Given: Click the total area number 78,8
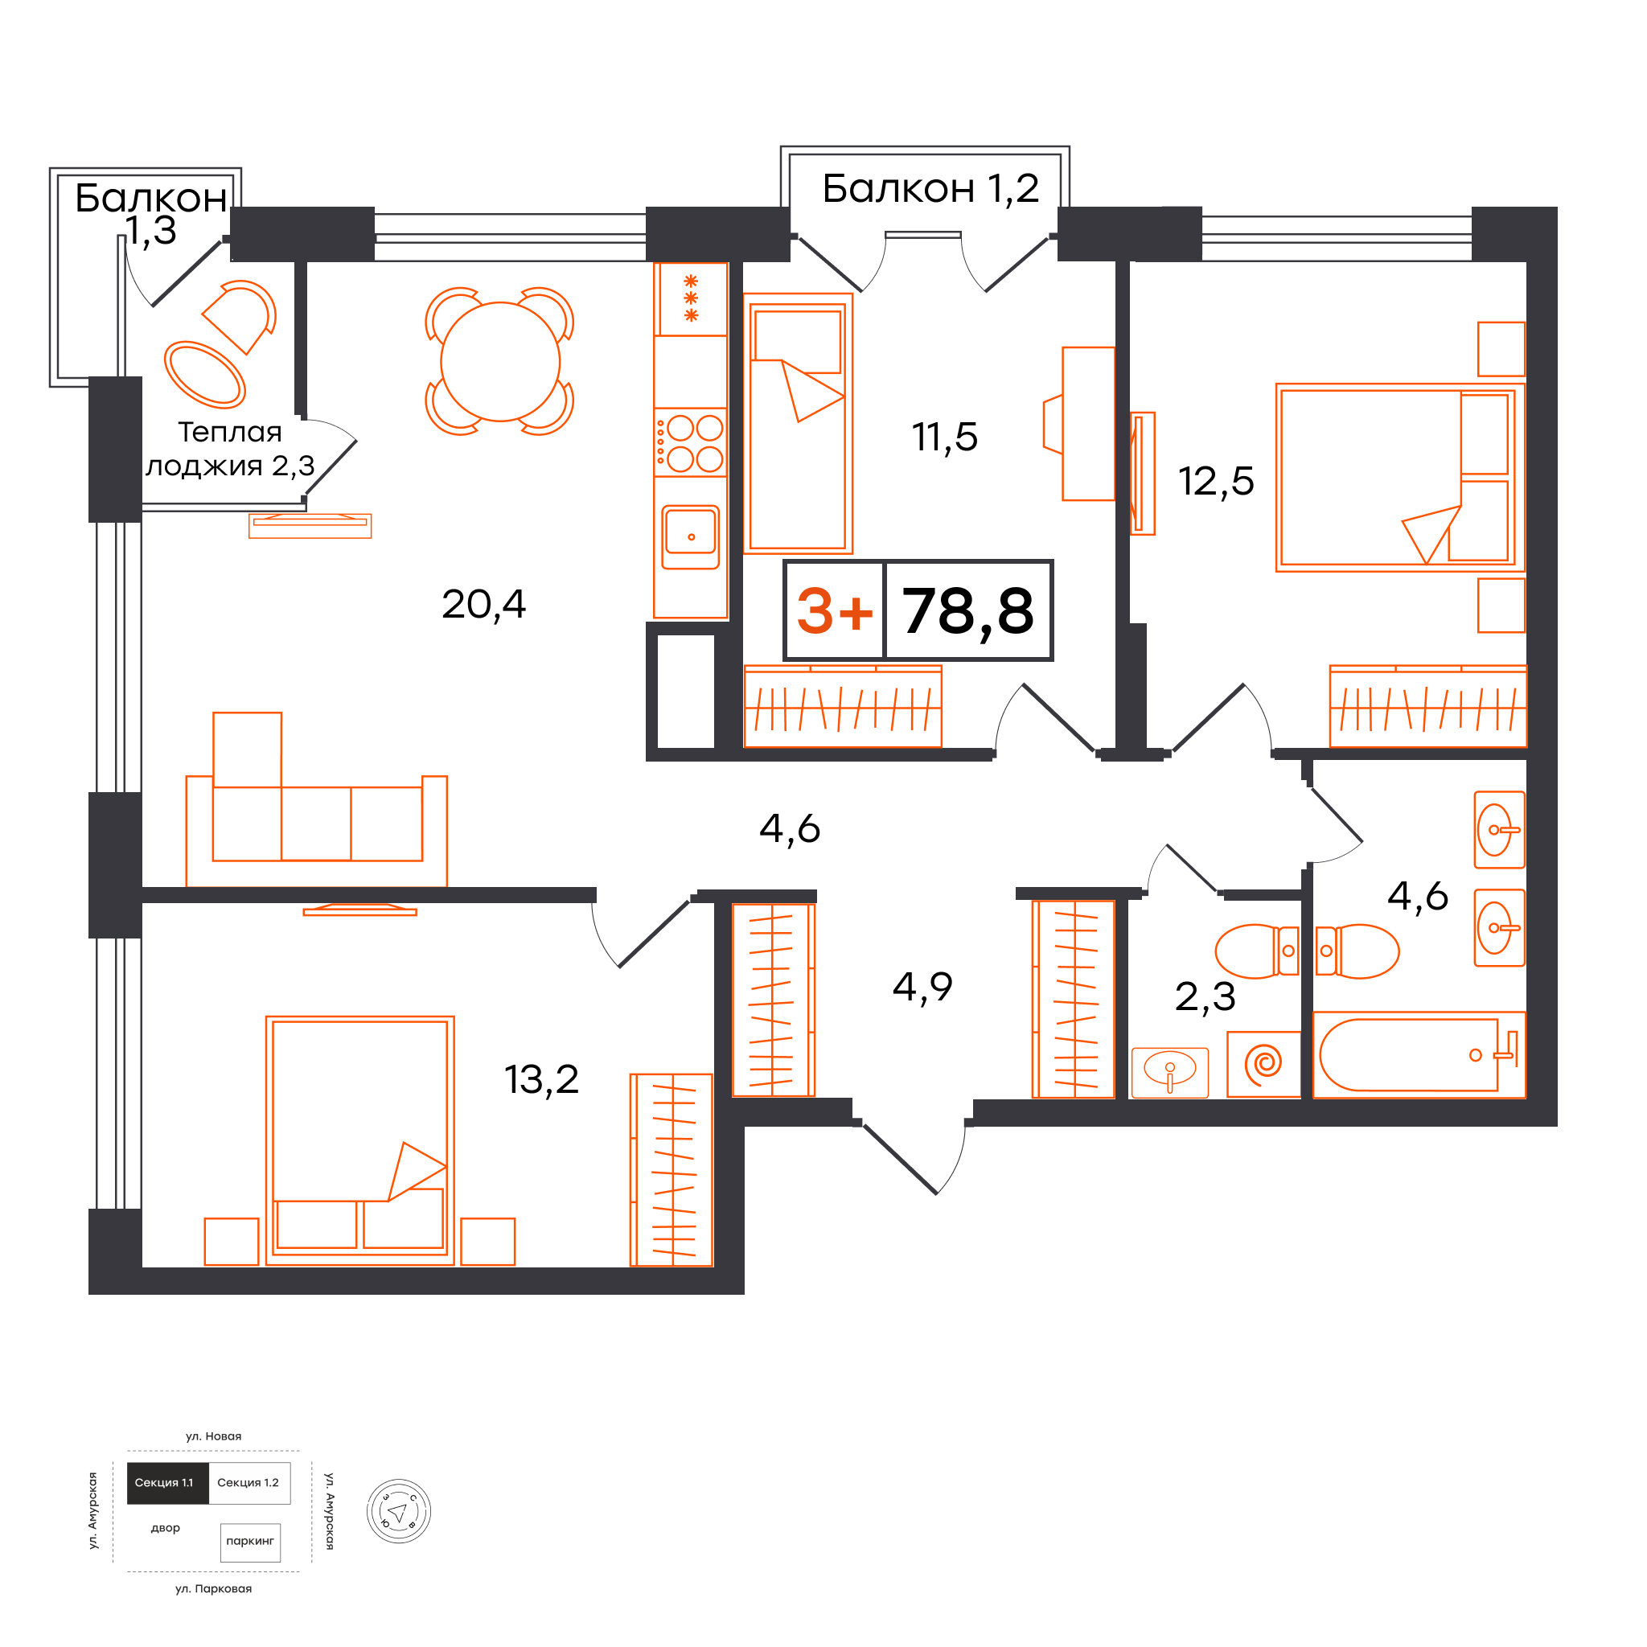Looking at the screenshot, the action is point(967,612).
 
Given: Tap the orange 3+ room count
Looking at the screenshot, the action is point(835,611).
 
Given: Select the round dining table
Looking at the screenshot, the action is point(500,363).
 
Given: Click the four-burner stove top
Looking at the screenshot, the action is point(691,442).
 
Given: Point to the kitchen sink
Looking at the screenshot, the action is point(691,538).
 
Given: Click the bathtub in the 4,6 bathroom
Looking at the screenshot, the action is point(1419,1055).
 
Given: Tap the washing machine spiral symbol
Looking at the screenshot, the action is point(1263,1063).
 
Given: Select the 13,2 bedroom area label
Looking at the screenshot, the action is point(541,1079).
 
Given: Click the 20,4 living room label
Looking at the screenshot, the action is point(483,605).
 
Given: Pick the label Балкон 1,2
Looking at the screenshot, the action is point(930,188).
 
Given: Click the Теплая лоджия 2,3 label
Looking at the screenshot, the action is point(230,450).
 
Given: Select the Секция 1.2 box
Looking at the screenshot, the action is point(249,1482).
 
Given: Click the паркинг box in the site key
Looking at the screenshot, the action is point(250,1542).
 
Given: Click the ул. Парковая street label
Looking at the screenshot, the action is point(213,1589).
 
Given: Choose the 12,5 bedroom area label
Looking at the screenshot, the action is point(1216,481).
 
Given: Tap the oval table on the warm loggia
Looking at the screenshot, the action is point(204,374).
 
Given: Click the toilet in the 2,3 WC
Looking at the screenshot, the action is point(1257,951).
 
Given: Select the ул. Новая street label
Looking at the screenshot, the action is point(213,1436).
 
